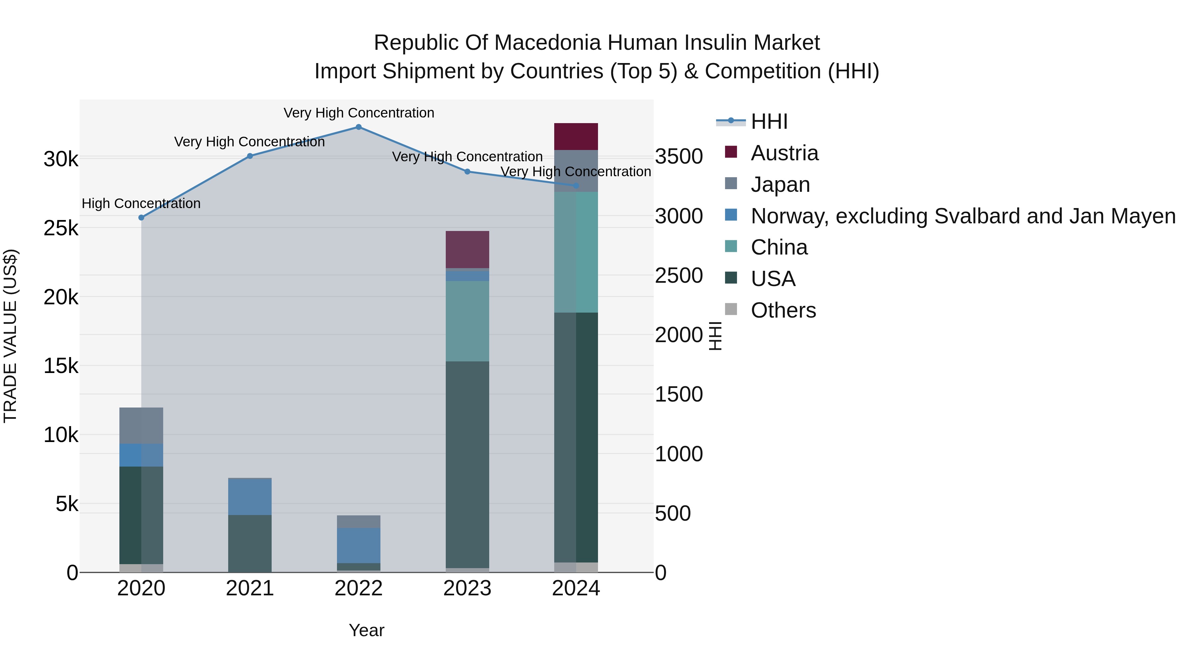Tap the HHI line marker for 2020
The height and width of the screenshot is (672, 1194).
point(141,217)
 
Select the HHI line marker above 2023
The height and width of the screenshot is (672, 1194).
point(467,172)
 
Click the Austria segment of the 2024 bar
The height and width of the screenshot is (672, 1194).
point(576,136)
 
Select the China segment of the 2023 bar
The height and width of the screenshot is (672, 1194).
point(467,321)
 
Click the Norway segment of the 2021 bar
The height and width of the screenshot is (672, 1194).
point(250,496)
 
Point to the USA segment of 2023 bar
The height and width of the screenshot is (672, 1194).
point(467,464)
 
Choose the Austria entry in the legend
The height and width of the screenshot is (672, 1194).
point(784,153)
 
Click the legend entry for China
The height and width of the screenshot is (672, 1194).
point(779,247)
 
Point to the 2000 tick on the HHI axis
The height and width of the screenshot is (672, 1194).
point(679,335)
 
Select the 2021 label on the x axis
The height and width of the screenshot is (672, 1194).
point(250,588)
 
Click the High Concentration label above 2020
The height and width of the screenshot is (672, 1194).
point(141,204)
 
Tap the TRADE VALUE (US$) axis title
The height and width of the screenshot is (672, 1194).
point(10,336)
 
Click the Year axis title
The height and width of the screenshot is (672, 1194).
point(366,630)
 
